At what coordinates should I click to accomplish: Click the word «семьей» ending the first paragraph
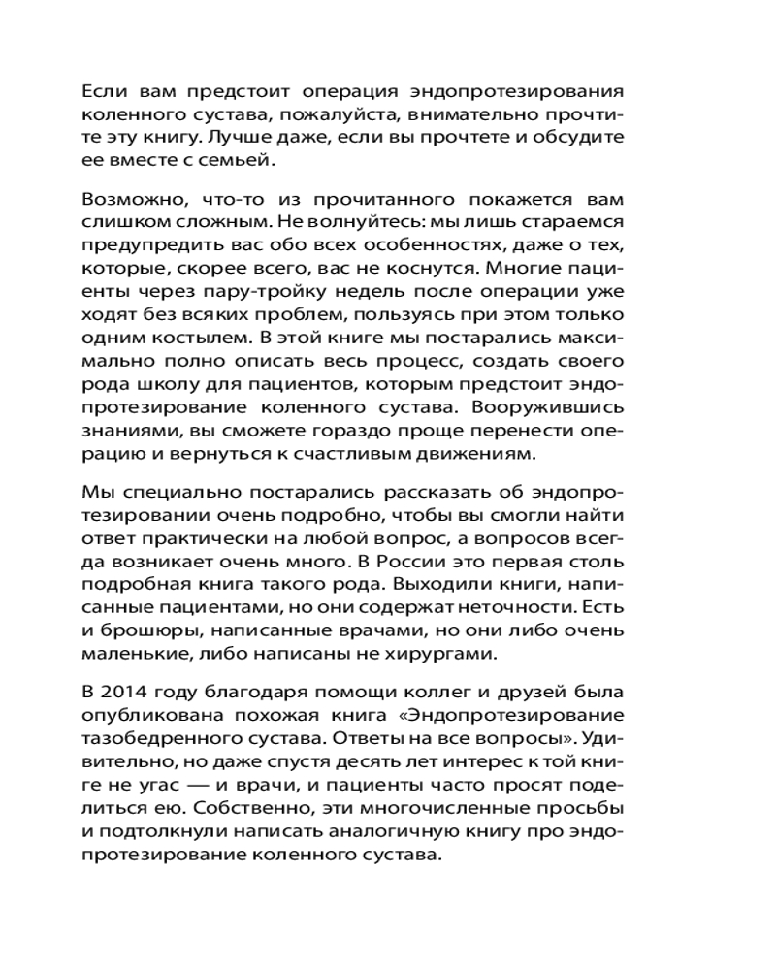click(225, 160)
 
